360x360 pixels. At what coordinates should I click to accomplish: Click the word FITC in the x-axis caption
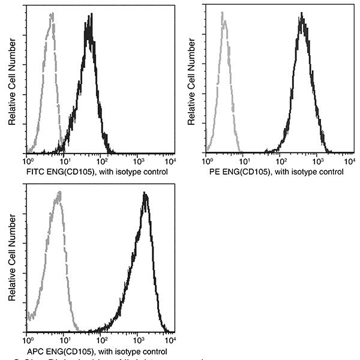(x=36, y=172)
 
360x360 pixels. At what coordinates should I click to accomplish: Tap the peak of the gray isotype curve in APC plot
(x=58, y=193)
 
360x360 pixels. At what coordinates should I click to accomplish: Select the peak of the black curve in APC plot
(x=145, y=194)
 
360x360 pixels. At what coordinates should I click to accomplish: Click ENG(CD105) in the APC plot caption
(x=73, y=352)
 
